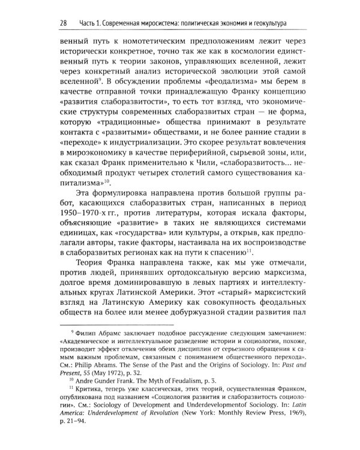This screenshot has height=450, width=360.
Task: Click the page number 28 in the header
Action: point(63,23)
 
